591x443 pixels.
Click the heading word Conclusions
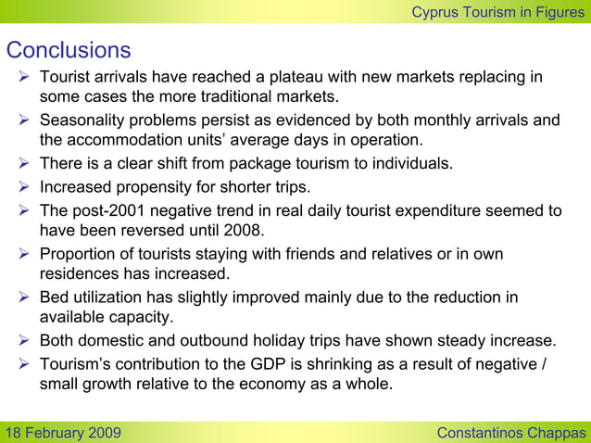(69, 49)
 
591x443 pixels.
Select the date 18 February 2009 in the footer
(61, 433)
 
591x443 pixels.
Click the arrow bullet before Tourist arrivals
(24, 77)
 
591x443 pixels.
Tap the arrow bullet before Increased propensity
(24, 187)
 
